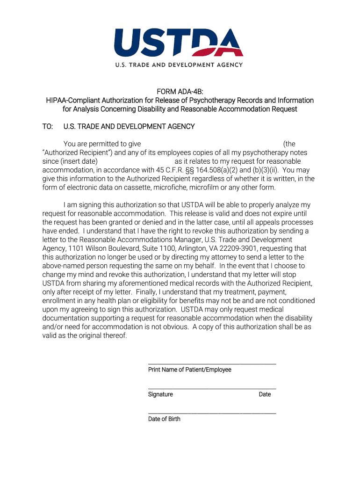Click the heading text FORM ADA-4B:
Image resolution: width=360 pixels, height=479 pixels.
coord(180,92)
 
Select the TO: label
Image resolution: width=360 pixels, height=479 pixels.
coord(48,127)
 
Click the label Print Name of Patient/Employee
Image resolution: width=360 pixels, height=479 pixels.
coord(190,370)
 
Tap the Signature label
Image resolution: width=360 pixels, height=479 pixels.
coord(160,394)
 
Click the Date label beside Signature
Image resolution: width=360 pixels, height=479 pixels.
coord(265,394)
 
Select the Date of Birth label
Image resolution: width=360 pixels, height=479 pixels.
coord(164,419)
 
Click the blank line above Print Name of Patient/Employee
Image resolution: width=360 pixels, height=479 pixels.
coord(212,364)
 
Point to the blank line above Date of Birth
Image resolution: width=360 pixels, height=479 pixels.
coord(212,413)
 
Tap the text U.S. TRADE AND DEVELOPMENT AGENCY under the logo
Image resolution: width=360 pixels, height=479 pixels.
coord(179,65)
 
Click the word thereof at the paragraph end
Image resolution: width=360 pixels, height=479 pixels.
coord(114,336)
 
